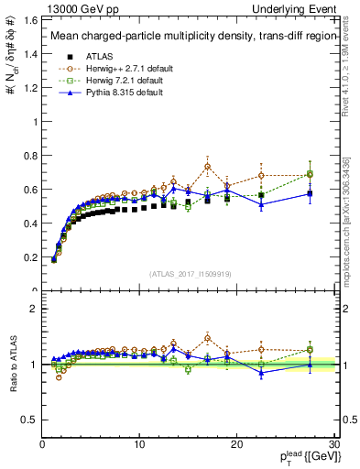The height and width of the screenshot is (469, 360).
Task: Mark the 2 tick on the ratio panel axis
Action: pos(34,309)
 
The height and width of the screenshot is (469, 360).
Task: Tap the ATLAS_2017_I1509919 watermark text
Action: pos(189,272)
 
